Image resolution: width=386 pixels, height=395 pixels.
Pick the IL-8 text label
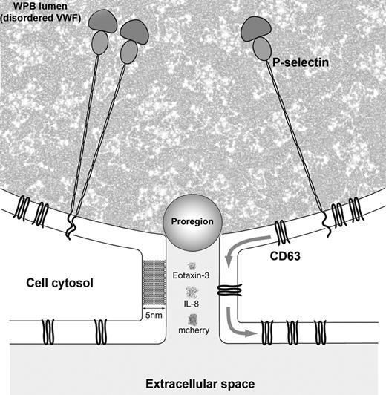[192, 304]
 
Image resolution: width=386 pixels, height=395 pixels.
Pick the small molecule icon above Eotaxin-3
[192, 265]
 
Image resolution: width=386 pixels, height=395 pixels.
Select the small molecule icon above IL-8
[192, 293]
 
